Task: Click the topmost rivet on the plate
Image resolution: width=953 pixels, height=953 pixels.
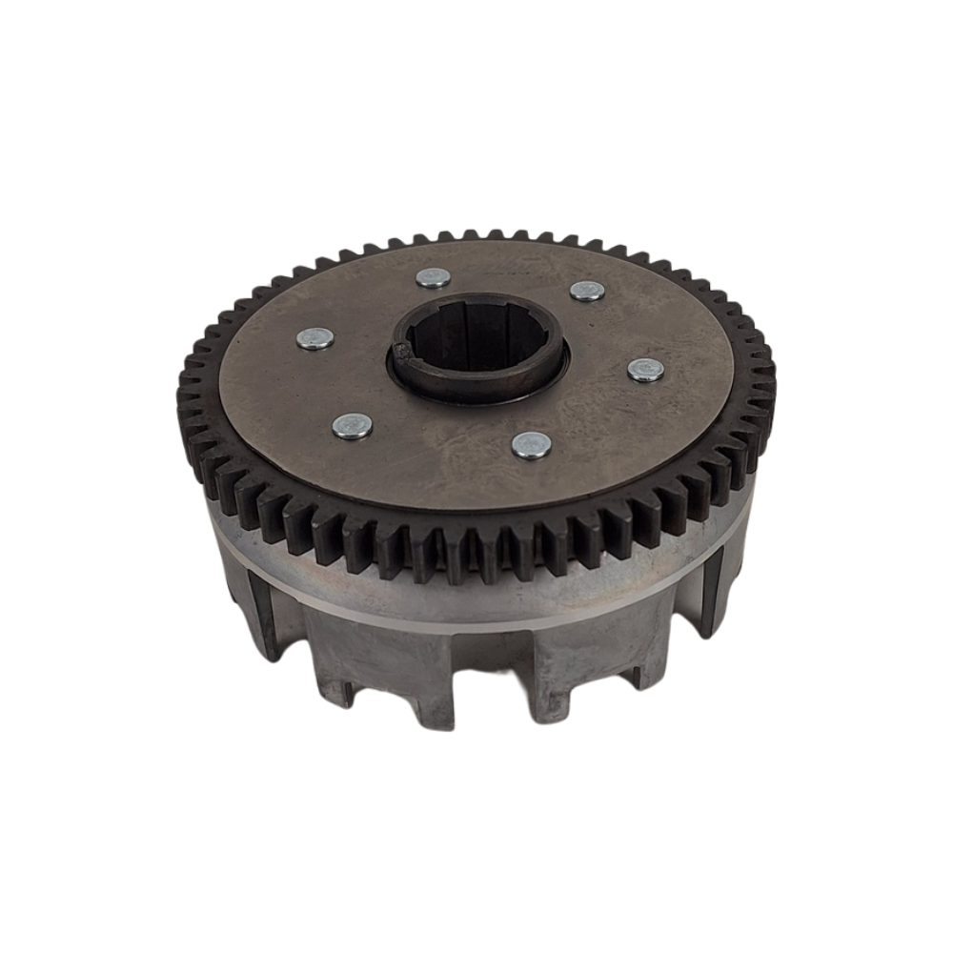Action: [434, 277]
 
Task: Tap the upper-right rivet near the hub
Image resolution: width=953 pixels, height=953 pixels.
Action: [587, 291]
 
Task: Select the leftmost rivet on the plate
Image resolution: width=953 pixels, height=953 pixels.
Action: [315, 338]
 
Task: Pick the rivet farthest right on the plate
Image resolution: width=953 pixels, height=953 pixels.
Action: [646, 370]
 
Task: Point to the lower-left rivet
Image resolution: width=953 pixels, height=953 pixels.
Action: [353, 425]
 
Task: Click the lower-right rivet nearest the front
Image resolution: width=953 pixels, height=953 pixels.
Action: [531, 444]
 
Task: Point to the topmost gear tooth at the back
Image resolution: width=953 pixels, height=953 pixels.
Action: [472, 234]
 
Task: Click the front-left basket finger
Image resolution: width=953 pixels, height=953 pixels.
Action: [372, 667]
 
